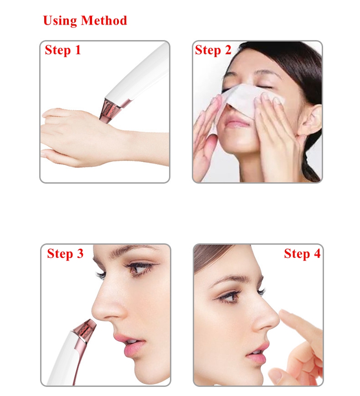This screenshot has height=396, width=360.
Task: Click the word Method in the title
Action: (x=104, y=21)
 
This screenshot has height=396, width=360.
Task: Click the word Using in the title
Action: (x=60, y=21)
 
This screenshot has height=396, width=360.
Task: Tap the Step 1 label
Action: (x=62, y=50)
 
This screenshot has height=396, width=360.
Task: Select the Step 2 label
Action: (x=213, y=50)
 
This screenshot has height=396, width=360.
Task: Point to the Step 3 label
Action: (x=65, y=254)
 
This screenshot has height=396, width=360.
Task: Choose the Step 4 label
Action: (x=302, y=254)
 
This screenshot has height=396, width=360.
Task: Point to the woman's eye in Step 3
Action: (x=139, y=269)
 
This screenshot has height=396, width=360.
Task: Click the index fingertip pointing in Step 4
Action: (x=285, y=313)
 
